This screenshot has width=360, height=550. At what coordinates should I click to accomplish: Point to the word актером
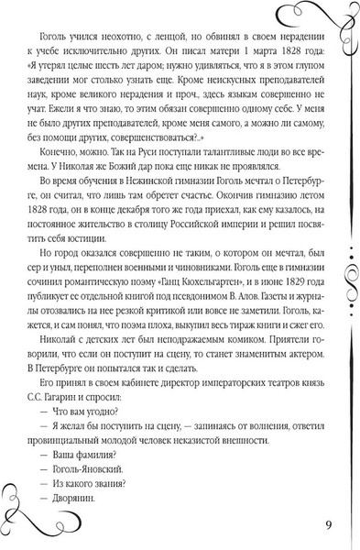(278, 409)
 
